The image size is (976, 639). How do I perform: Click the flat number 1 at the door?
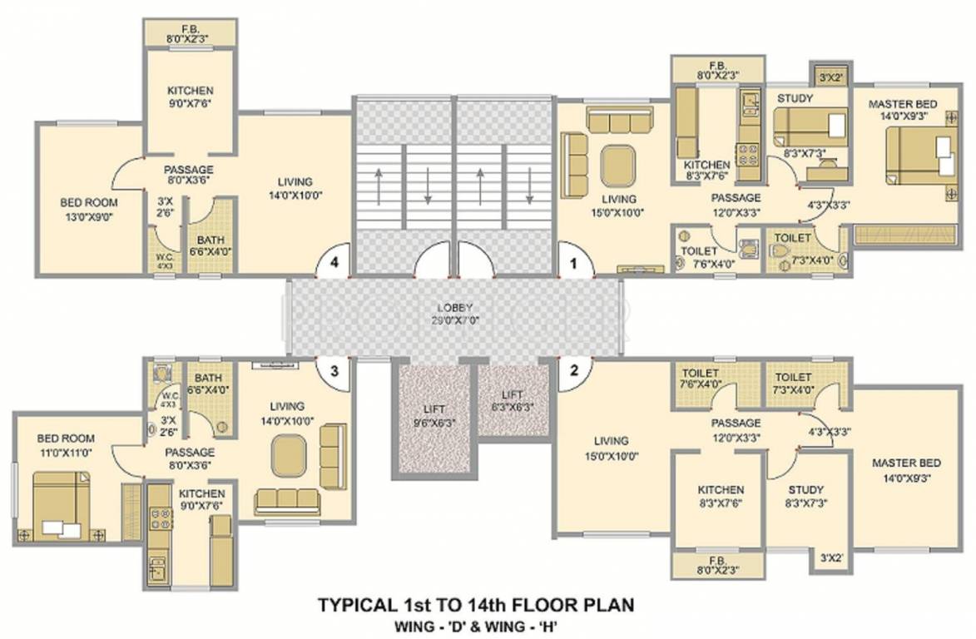point(572,262)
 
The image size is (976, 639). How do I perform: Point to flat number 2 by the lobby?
point(573,371)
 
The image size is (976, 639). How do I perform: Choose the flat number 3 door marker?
point(334,371)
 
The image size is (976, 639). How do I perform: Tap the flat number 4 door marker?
point(334,262)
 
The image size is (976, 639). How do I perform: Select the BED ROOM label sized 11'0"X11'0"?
point(66,445)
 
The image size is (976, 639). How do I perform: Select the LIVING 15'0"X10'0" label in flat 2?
point(612,448)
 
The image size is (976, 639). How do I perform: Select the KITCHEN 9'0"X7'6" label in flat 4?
point(190,97)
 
